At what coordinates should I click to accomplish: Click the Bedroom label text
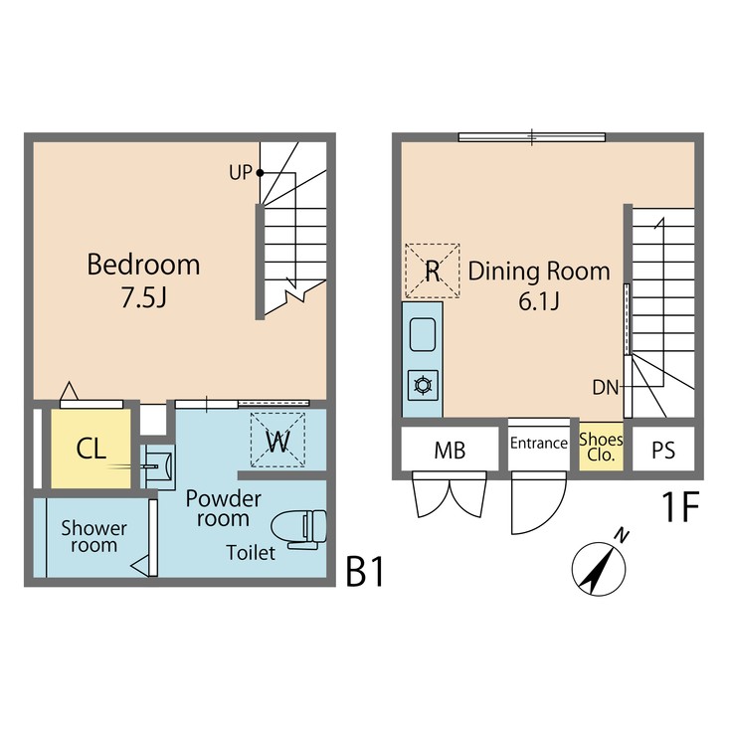[143, 266]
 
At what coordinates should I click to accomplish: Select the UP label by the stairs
[240, 172]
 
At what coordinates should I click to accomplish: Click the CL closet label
[91, 449]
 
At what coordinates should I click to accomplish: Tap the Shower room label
[93, 536]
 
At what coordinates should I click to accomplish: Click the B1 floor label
[364, 573]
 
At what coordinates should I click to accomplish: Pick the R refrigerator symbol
[433, 271]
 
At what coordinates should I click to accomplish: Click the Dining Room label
[539, 271]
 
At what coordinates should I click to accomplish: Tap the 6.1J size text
[539, 301]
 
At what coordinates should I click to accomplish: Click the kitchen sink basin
[422, 334]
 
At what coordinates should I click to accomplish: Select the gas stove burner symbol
[422, 384]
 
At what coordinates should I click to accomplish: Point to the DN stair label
[606, 386]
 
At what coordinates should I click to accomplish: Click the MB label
[450, 451]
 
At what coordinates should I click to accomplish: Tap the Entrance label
[538, 444]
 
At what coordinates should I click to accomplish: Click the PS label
[663, 451]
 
